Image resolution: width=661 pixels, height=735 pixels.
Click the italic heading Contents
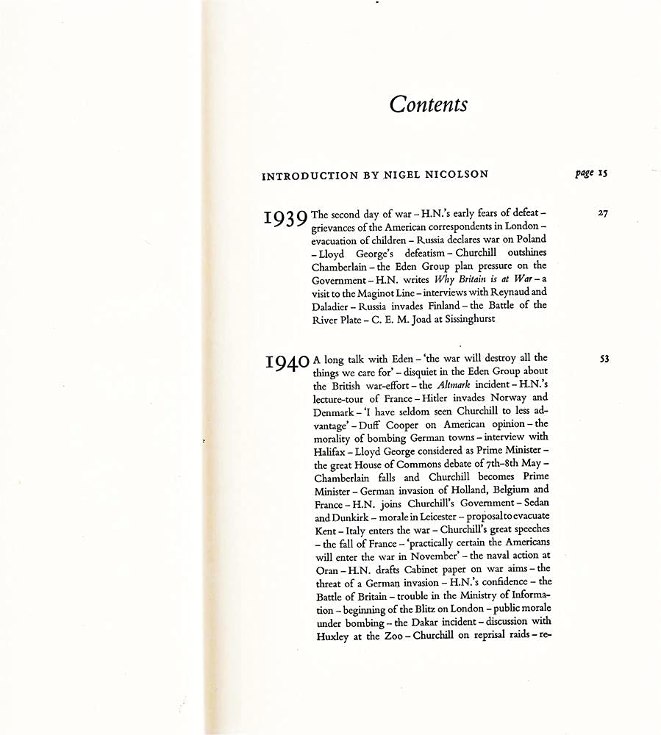tap(428, 104)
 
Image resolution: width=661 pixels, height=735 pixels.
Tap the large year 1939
tap(285, 219)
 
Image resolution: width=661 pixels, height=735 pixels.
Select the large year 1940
tap(287, 363)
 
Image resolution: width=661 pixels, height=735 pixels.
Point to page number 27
tap(603, 214)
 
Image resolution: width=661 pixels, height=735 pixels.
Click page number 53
tap(604, 359)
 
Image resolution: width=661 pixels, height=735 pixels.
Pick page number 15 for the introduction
tap(603, 173)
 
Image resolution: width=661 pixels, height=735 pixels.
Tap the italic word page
tap(585, 174)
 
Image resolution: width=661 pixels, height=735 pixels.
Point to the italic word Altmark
tap(458, 385)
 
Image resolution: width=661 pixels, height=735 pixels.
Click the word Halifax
tap(329, 451)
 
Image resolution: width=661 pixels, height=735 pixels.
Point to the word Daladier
tap(332, 306)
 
